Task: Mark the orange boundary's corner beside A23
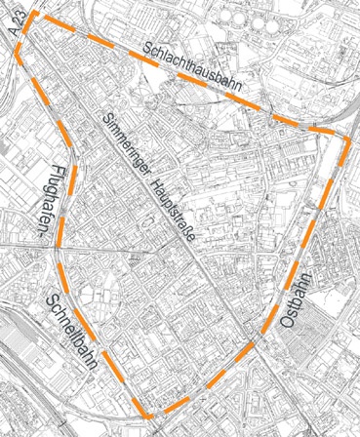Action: click(x=36, y=14)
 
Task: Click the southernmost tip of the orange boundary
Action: click(x=148, y=417)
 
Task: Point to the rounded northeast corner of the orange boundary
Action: click(x=343, y=138)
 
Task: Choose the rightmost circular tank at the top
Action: click(x=262, y=20)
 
